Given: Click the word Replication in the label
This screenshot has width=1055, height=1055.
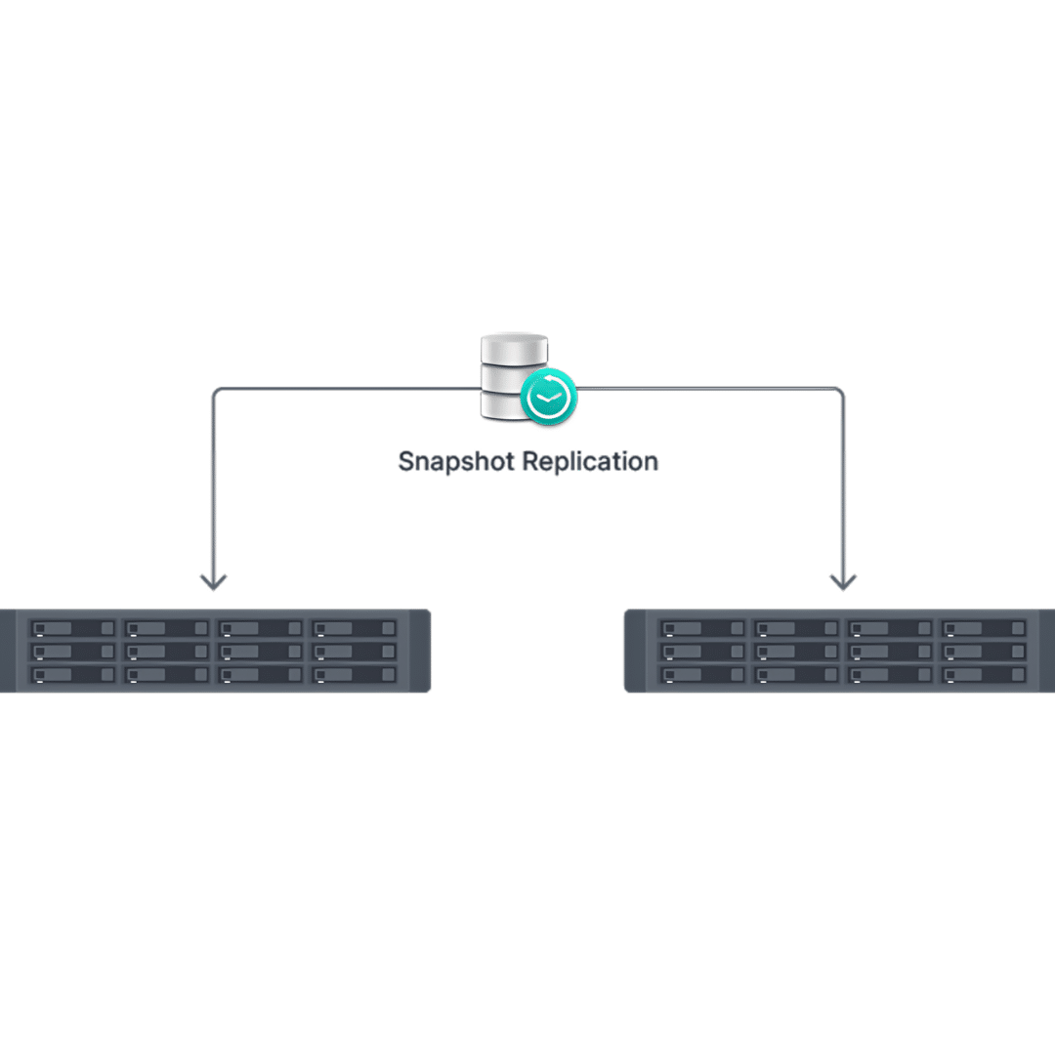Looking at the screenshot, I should coord(591,461).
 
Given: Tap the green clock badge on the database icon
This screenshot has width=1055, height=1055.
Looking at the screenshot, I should coord(548,398).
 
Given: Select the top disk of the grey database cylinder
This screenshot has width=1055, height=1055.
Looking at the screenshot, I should coord(514,348).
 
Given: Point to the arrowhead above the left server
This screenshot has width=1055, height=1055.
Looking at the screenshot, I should coord(213,582).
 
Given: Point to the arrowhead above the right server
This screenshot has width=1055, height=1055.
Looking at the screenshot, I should coord(842,582).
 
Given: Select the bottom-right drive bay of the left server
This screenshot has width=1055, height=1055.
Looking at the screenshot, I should coord(355,674).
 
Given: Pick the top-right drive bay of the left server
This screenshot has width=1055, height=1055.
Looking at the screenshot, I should coord(355,627).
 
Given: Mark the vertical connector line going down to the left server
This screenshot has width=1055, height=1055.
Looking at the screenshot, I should coord(213,488).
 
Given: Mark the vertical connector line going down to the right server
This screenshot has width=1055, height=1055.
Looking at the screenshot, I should coord(842,488).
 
